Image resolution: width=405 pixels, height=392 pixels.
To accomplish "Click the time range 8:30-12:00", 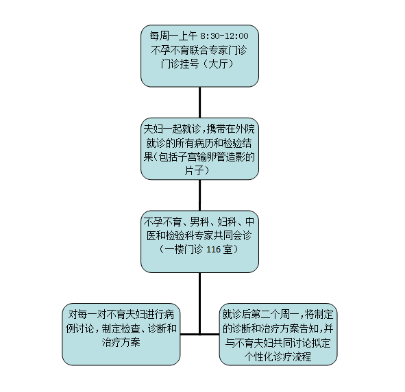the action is (224, 36).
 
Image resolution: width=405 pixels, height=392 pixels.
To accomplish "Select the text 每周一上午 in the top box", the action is (173, 36).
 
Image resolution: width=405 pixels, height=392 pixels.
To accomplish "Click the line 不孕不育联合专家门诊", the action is (199, 51).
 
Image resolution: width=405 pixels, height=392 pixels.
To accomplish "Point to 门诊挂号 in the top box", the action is (180, 64).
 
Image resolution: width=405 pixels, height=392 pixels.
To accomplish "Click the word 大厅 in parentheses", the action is (218, 64).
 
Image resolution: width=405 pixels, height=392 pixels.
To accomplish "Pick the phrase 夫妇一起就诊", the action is (172, 129).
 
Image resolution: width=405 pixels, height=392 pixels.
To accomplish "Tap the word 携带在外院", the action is (231, 129).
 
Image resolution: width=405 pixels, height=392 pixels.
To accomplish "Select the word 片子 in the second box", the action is (194, 170).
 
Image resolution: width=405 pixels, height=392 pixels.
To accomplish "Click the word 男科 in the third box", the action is (199, 222).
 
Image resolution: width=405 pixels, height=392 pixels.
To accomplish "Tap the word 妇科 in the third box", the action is (227, 222).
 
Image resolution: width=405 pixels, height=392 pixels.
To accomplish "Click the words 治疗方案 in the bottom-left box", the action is (121, 343).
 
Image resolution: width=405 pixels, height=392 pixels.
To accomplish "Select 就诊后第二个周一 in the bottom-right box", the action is (260, 315).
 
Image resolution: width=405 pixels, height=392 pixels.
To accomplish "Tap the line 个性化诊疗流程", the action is (278, 357).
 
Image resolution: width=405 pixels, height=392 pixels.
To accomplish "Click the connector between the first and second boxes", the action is (199, 103).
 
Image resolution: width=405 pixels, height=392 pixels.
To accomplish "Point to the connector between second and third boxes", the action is (199, 195).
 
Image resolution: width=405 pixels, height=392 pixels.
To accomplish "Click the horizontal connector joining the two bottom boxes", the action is (199, 335).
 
